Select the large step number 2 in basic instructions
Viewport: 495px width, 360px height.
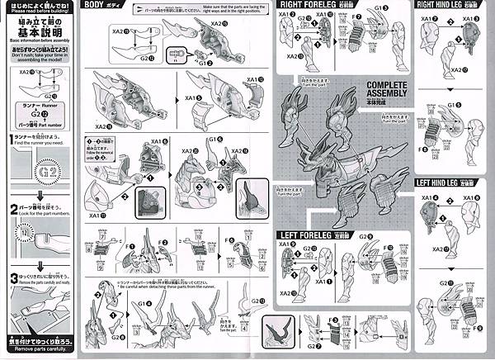tap(13, 210)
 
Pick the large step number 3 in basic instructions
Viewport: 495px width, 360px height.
tap(13, 277)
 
